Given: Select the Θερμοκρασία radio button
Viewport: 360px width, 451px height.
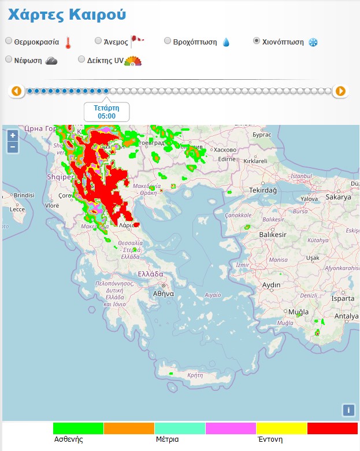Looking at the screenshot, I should pyautogui.click(x=9, y=41).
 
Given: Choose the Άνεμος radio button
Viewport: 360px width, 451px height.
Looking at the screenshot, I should pyautogui.click(x=98, y=41).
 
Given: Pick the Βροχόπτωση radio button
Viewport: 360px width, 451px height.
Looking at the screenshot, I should pyautogui.click(x=168, y=41).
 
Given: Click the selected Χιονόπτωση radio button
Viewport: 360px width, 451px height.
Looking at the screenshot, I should pyautogui.click(x=257, y=41).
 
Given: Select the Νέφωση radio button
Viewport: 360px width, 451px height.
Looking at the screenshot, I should pyautogui.click(x=9, y=59).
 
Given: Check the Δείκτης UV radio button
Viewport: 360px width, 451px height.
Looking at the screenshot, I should pyautogui.click(x=81, y=59).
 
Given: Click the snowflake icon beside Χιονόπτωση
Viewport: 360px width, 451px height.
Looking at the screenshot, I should pyautogui.click(x=313, y=42).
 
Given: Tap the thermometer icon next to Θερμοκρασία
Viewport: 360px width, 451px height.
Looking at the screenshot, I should pyautogui.click(x=68, y=42).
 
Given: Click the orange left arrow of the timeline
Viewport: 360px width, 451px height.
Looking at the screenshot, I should pyautogui.click(x=16, y=91).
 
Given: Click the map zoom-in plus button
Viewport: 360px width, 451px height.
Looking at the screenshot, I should pyautogui.click(x=13, y=135).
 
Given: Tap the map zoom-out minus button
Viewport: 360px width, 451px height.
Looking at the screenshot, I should pyautogui.click(x=13, y=147).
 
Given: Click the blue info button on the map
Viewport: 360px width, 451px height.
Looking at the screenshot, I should pyautogui.click(x=348, y=410).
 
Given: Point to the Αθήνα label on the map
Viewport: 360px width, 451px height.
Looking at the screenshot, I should pyautogui.click(x=164, y=293).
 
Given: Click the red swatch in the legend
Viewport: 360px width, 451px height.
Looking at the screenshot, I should pyautogui.click(x=332, y=428).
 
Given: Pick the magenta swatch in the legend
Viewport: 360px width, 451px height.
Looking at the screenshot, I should pyautogui.click(x=231, y=428).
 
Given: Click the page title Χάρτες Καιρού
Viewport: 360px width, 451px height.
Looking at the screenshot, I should pyautogui.click(x=67, y=14).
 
